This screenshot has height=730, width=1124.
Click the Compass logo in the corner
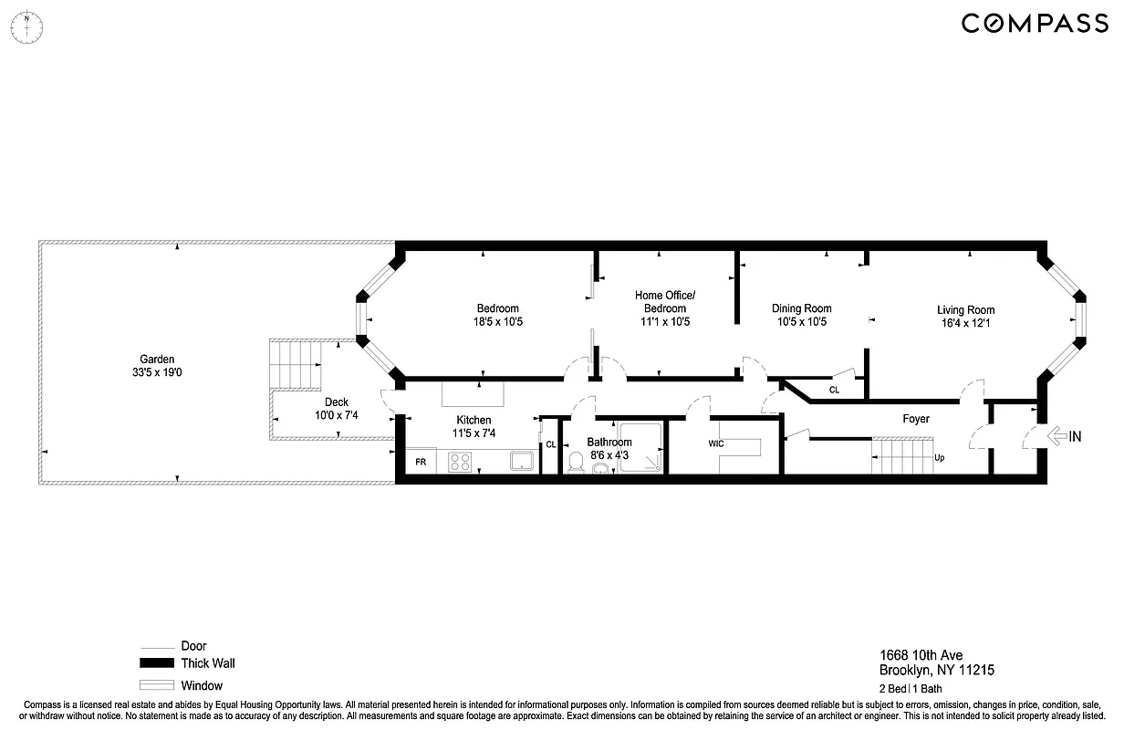1035,23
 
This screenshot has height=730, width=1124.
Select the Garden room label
157,360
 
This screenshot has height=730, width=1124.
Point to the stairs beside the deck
297,364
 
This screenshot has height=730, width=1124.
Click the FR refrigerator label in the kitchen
421,463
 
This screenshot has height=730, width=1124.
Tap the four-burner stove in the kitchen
460,463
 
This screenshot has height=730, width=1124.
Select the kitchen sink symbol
522,461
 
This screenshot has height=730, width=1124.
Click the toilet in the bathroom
576,463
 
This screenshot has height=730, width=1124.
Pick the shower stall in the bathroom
641,448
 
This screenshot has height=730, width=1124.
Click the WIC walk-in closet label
716,443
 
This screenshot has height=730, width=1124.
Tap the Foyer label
916,419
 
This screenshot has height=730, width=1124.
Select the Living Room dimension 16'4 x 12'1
965,323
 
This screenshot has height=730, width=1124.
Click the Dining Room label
801,308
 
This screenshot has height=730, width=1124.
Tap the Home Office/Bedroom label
665,301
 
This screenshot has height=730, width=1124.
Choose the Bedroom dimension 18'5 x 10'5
497,321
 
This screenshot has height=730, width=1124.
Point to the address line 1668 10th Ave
921,654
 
